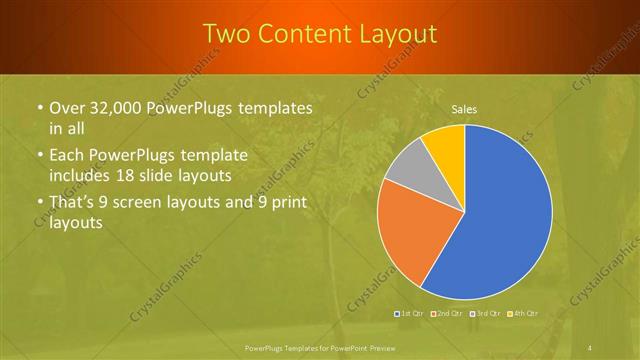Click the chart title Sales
click(x=463, y=107)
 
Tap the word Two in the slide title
click(x=227, y=34)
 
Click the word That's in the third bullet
click(x=73, y=203)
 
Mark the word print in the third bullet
click(x=284, y=203)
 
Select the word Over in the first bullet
click(x=67, y=108)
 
